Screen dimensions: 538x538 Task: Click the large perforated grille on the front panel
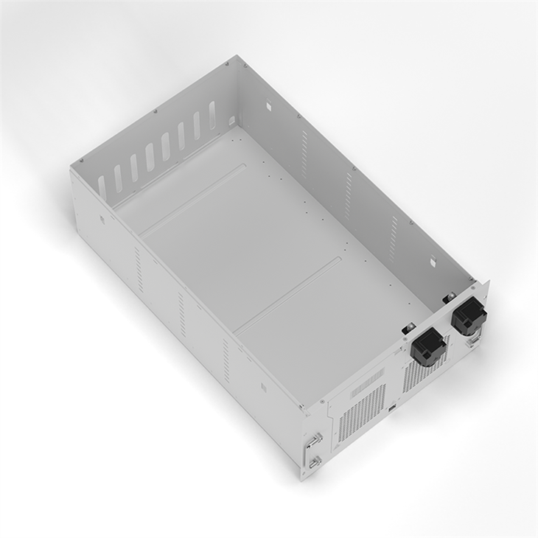pyautogui.click(x=362, y=413)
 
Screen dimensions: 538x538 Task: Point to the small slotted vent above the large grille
pyautogui.click(x=366, y=383)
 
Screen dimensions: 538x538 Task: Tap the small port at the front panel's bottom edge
pyautogui.click(x=393, y=408)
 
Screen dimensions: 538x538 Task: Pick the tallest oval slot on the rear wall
pyautogui.click(x=212, y=115)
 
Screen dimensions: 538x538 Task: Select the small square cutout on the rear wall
pyautogui.click(x=231, y=119)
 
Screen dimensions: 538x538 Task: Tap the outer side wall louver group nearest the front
pyautogui.click(x=226, y=355)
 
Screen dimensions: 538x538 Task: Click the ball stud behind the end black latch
pyautogui.click(x=447, y=298)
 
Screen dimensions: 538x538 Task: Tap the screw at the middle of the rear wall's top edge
pyautogui.click(x=155, y=111)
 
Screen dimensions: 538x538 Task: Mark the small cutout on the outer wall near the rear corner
pyautogui.click(x=102, y=219)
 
